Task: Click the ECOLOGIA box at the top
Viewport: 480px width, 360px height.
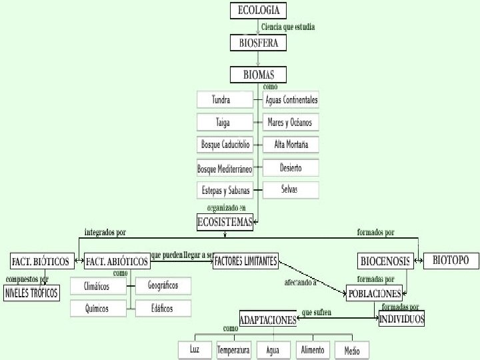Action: (x=259, y=11)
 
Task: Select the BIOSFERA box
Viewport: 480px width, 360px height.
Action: (x=259, y=43)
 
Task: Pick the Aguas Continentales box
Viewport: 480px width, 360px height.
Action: (x=291, y=100)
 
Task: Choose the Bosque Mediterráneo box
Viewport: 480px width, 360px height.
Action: (x=225, y=169)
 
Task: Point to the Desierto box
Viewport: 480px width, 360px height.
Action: (x=291, y=168)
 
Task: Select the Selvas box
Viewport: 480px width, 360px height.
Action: (x=291, y=190)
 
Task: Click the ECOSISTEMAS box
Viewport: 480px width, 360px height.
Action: (x=225, y=223)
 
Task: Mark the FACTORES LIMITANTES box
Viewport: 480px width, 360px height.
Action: (x=245, y=261)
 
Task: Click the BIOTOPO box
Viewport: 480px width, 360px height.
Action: (x=451, y=260)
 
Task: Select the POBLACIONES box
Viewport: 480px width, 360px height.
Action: (x=375, y=293)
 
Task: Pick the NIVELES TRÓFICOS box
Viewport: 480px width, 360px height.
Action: (x=31, y=292)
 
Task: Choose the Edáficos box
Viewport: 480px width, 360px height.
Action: (x=163, y=308)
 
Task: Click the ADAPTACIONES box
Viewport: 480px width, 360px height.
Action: (x=268, y=320)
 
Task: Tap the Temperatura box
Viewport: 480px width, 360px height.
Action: (x=234, y=350)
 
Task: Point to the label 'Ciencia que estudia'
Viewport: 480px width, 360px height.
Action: (x=288, y=27)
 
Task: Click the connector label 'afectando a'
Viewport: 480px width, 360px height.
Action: (x=300, y=283)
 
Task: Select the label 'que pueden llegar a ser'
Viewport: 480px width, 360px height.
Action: (x=182, y=255)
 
